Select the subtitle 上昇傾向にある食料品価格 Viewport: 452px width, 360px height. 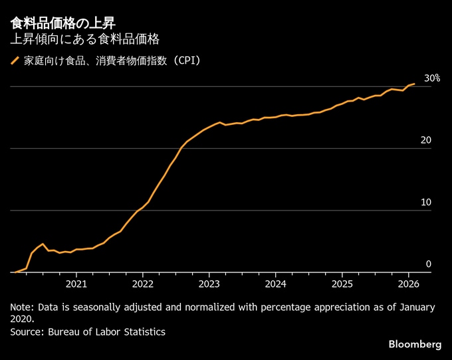coord(84,39)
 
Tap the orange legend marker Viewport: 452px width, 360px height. coord(15,61)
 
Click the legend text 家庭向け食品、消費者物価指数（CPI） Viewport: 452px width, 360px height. coord(112,61)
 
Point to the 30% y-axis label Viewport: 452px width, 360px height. coord(432,78)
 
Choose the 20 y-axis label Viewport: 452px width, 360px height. coord(426,140)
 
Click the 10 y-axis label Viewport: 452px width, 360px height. coord(426,203)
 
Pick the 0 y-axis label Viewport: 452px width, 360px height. coord(429,264)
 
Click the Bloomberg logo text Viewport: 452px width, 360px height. coord(415,344)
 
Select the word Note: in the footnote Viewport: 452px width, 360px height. coord(23,308)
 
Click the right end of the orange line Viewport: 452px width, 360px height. coord(414,84)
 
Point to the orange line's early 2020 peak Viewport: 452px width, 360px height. coord(43,244)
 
